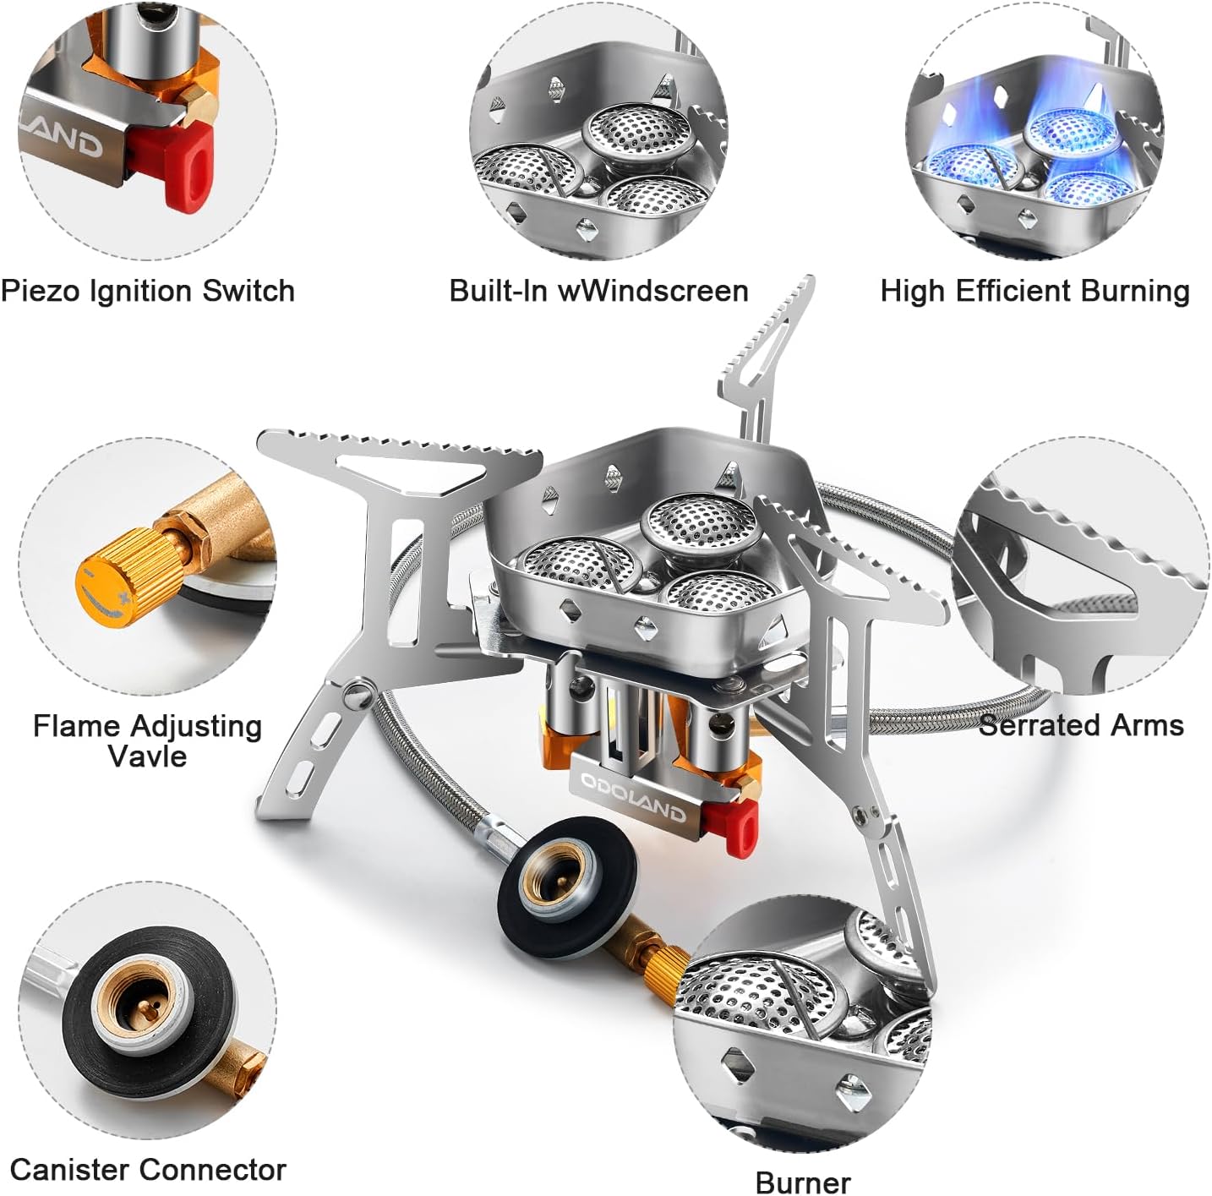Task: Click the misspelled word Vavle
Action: (x=148, y=756)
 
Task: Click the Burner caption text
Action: (x=803, y=1182)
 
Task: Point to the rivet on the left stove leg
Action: (x=357, y=693)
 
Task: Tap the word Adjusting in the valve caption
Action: (x=195, y=727)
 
